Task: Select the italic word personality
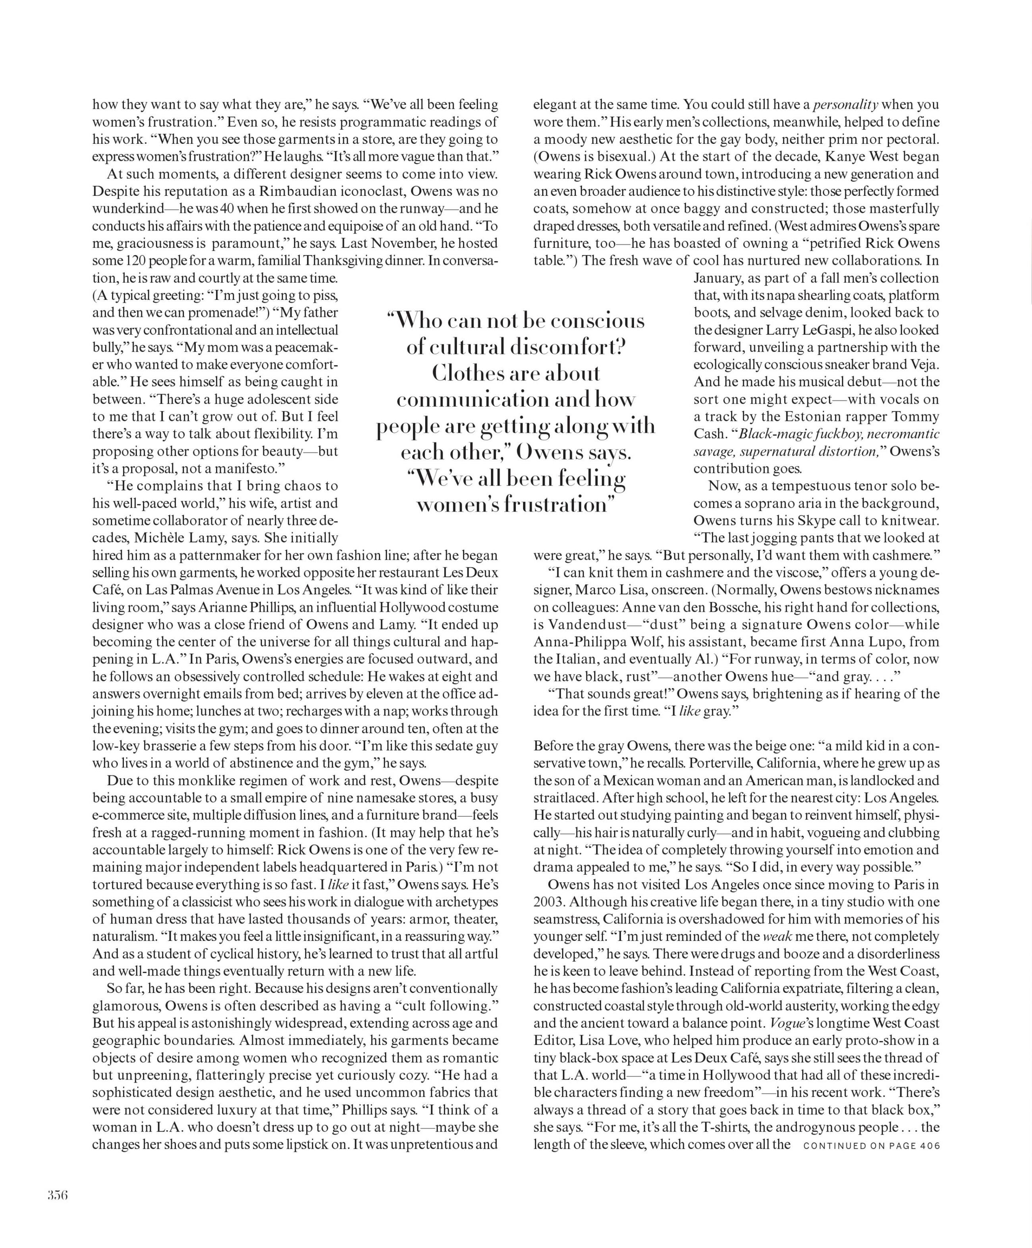(x=845, y=104)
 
